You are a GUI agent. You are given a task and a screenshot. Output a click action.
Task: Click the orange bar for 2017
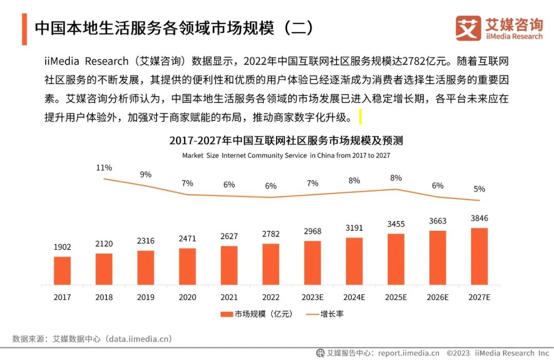pyautogui.click(x=62, y=271)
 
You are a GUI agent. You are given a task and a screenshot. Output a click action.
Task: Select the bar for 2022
pyautogui.click(x=271, y=264)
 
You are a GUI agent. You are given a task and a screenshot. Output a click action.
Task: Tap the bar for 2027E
pyautogui.click(x=479, y=256)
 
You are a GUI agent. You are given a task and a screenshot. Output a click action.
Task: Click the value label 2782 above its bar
pyautogui.click(x=271, y=234)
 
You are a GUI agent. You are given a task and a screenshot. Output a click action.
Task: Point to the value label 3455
pyautogui.click(x=395, y=224)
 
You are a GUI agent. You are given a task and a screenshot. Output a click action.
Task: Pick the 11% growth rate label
pyautogui.click(x=104, y=168)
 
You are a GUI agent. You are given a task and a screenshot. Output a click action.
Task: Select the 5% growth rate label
pyautogui.click(x=479, y=189)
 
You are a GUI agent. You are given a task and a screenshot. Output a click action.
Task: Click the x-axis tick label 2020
pyautogui.click(x=187, y=297)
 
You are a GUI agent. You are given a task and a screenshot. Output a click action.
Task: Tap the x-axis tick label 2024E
pyautogui.click(x=354, y=297)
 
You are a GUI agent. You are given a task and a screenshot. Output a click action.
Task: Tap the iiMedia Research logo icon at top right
pyautogui.click(x=468, y=28)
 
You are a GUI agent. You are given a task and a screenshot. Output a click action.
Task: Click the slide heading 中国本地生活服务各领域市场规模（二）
pyautogui.click(x=174, y=28)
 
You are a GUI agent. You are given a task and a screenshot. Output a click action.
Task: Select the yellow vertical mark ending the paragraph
pyautogui.click(x=360, y=117)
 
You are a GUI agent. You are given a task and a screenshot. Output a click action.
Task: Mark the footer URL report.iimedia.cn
pyautogui.click(x=408, y=353)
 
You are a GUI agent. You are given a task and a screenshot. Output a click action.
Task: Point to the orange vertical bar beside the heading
pyautogui.click(x=24, y=29)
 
